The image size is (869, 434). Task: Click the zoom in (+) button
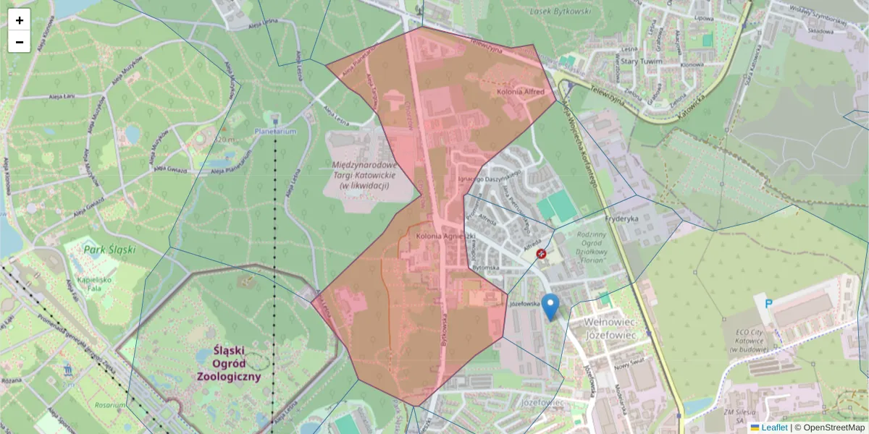click(20, 20)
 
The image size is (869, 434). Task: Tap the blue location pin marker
click(550, 307)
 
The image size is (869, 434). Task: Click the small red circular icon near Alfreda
click(541, 254)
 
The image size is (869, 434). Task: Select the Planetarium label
click(275, 132)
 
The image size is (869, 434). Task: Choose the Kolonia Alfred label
click(520, 93)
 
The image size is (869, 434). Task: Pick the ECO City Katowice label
click(757, 340)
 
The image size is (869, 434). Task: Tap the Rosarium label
click(109, 405)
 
